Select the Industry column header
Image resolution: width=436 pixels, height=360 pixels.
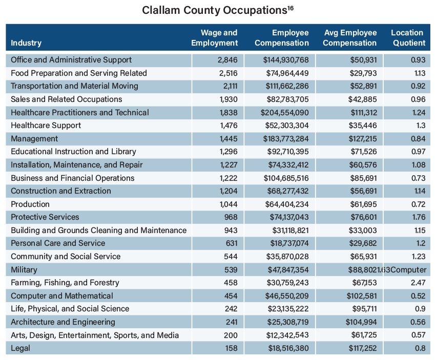tap(26, 43)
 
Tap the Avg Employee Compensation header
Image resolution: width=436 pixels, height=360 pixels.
tap(350, 37)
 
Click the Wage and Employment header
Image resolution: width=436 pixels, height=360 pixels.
tap(215, 37)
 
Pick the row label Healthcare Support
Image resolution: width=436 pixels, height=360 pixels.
tap(46, 125)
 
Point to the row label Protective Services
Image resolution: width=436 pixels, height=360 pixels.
tap(45, 217)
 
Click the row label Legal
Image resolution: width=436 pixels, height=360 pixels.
tap(20, 348)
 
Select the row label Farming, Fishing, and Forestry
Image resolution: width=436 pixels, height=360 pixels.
tap(65, 283)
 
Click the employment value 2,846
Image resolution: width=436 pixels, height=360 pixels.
tap(227, 60)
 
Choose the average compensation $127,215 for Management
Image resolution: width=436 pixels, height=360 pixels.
tap(363, 139)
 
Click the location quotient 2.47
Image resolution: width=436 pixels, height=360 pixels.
tap(418, 283)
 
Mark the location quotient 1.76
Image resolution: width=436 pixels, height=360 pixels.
tap(419, 217)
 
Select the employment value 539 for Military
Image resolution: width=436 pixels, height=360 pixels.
tap(231, 270)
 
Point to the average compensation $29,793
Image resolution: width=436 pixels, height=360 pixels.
tap(363, 73)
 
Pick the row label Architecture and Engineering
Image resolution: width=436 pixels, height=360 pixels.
tap(63, 322)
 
